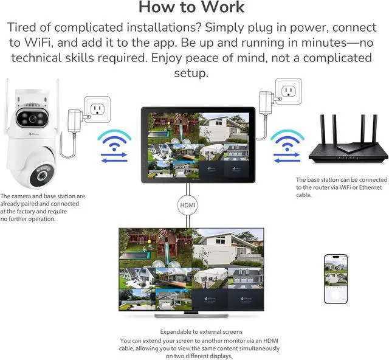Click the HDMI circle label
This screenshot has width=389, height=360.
click(x=188, y=206)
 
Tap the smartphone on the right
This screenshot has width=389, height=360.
click(x=336, y=279)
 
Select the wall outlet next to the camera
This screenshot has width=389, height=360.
click(x=97, y=109)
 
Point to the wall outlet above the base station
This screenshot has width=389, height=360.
click(x=289, y=91)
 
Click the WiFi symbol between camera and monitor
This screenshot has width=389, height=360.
click(x=114, y=140)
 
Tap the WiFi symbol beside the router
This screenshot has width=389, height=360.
click(x=287, y=140)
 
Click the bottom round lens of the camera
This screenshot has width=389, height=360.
click(x=42, y=176)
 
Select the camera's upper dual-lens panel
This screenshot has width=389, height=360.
click(x=32, y=119)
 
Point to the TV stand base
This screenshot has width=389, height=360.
click(x=191, y=316)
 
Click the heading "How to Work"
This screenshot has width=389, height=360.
click(x=191, y=7)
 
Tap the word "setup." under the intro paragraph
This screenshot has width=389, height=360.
click(x=191, y=73)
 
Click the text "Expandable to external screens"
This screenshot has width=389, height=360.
click(x=201, y=331)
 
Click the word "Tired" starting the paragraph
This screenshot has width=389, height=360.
click(x=22, y=27)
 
